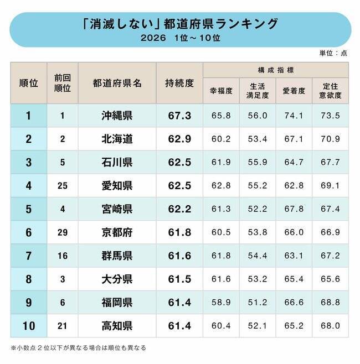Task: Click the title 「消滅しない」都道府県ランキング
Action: [180, 24]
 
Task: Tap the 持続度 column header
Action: [179, 83]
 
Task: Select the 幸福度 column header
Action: [220, 91]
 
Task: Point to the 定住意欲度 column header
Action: [330, 91]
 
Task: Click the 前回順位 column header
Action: [62, 83]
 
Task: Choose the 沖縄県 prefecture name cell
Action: [117, 116]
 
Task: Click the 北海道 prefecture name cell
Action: [117, 139]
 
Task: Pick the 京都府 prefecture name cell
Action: [117, 232]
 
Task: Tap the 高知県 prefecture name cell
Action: [117, 326]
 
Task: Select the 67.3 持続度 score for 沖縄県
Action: [179, 116]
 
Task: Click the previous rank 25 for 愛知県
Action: [62, 186]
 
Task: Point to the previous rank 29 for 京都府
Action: [62, 232]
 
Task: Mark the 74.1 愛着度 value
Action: [294, 116]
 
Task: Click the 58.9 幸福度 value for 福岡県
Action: [220, 303]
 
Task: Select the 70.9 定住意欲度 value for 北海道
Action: [330, 139]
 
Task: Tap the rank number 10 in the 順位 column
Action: [28, 326]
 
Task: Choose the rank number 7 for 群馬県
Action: [28, 256]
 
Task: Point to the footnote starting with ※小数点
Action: [78, 348]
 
